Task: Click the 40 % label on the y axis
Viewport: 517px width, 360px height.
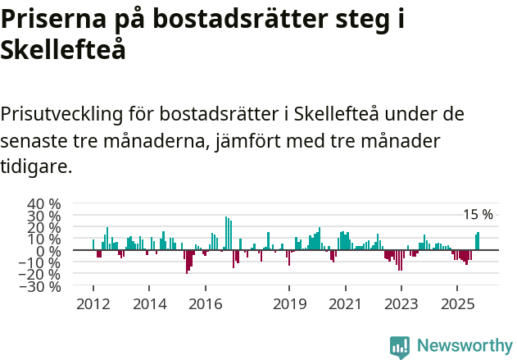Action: pos(43,203)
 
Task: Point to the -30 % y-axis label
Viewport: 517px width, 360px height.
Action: pos(43,287)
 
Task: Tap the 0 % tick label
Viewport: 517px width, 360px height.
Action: pos(49,251)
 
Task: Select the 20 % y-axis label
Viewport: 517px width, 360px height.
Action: pos(43,227)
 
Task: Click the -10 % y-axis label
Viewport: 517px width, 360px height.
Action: pos(43,263)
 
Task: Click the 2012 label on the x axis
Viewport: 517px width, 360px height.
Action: pos(93,304)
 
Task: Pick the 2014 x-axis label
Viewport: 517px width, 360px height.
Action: pos(149,304)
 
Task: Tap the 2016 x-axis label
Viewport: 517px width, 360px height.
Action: pos(205,304)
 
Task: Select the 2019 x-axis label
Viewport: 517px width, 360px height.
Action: pos(289,304)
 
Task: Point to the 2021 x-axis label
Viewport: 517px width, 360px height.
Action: pos(345,304)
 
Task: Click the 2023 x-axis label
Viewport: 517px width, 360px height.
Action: pos(401,304)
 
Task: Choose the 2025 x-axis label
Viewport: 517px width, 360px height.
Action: pos(457,304)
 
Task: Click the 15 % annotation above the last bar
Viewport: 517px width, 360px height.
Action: pos(478,215)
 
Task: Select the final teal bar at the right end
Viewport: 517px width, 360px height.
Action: pos(478,241)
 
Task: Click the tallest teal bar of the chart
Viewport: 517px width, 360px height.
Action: pos(226,234)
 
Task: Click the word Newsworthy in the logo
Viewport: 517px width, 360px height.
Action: pos(464,345)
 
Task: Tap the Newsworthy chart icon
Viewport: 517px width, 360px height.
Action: pos(400,347)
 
